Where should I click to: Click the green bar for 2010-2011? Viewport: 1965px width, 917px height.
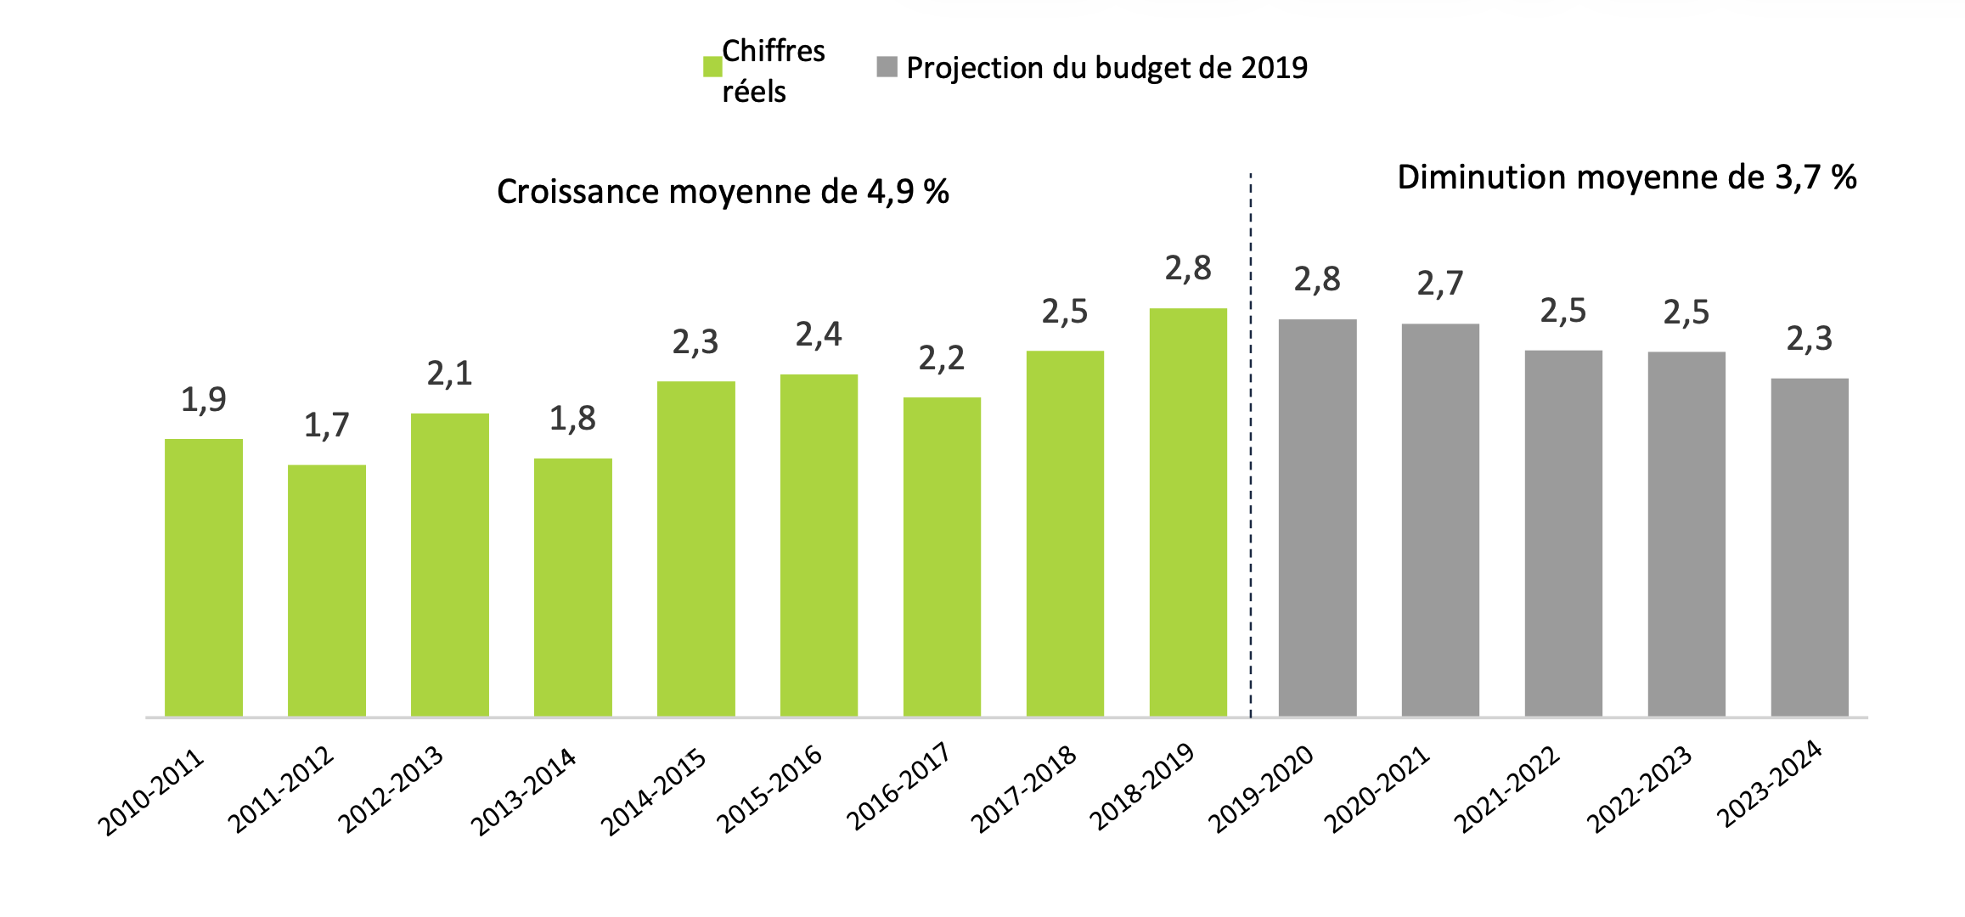click(204, 577)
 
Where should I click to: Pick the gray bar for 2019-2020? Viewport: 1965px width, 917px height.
click(1317, 518)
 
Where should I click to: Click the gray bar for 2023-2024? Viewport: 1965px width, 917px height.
click(1810, 548)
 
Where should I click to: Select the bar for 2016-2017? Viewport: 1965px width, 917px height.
click(942, 557)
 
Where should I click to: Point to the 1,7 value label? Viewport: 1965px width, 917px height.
click(327, 425)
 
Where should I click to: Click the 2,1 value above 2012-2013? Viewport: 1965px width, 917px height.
click(449, 374)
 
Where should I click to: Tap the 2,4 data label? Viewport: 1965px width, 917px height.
click(819, 335)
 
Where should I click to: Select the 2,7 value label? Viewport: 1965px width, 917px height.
click(1440, 284)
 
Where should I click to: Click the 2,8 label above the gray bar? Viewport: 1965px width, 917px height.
click(1317, 279)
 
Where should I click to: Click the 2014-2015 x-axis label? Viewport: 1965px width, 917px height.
click(654, 791)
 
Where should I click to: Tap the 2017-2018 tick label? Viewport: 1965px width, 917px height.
click(1024, 790)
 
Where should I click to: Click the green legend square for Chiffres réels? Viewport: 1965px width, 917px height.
click(712, 67)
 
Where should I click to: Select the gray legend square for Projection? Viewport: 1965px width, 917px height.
click(887, 67)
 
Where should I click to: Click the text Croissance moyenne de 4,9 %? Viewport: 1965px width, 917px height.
click(723, 192)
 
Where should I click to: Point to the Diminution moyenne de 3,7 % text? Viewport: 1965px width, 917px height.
click(1626, 177)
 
